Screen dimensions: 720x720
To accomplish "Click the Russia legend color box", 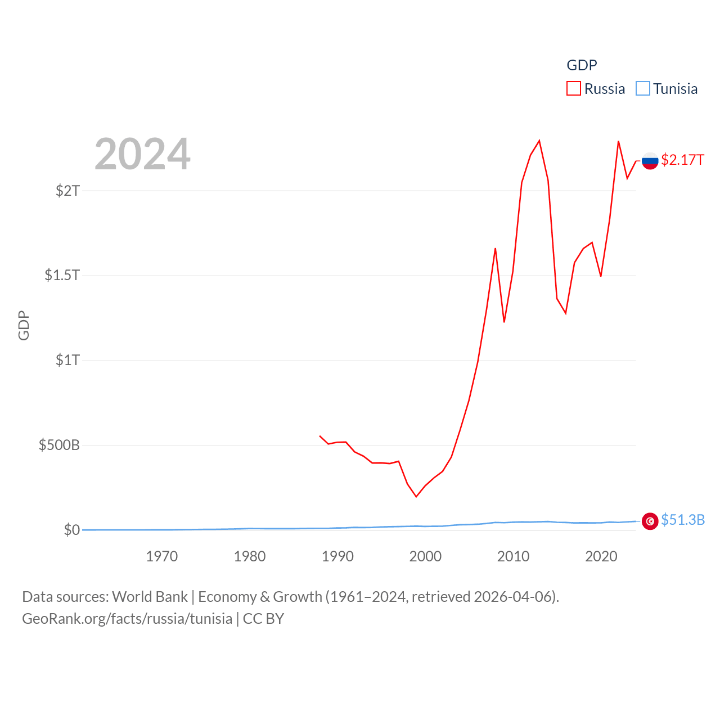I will point(573,89).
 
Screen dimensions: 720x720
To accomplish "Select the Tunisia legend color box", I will point(642,89).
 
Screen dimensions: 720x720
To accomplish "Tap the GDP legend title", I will point(582,65).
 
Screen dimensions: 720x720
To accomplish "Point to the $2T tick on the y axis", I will point(68,191).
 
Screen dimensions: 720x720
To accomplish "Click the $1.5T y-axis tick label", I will point(62,275).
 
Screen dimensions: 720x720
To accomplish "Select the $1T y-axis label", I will point(68,360).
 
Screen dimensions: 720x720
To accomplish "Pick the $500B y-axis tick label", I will point(59,445).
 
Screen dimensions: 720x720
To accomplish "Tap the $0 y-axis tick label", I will point(72,530).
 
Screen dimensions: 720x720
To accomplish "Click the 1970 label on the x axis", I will point(162,556).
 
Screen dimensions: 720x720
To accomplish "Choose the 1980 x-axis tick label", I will point(250,556).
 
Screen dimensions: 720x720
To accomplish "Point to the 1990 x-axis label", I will point(337,556).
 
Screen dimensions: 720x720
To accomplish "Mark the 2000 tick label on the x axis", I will point(425,556).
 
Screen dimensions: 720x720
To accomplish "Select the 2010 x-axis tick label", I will point(513,556).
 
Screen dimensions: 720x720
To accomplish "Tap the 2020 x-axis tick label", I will point(601,556).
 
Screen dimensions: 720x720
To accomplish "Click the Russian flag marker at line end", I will point(650,161).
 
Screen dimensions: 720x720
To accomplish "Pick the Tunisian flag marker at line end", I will point(650,521).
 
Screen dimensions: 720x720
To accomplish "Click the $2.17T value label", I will point(682,160).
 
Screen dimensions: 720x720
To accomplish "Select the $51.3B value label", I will point(683,520).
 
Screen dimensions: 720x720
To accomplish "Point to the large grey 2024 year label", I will point(142,154).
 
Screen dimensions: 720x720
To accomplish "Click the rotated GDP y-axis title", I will point(24,325).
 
